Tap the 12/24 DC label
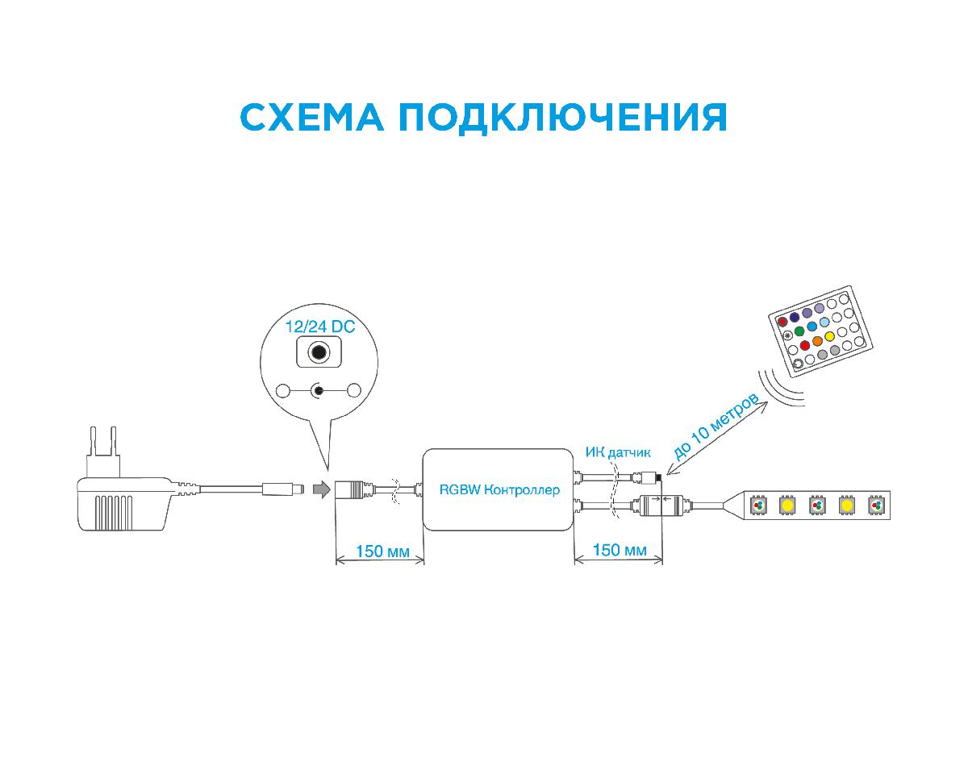(x=320, y=327)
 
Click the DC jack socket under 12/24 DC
(x=319, y=353)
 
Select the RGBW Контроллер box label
(x=499, y=489)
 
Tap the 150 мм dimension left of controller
(x=379, y=551)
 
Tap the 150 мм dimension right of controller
(x=620, y=550)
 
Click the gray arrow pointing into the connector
(x=322, y=489)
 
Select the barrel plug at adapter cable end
(x=283, y=489)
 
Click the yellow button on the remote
(x=829, y=335)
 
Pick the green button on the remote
(x=799, y=331)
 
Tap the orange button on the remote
(x=818, y=341)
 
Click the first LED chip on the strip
(x=757, y=506)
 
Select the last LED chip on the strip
(x=876, y=506)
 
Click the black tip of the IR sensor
(x=658, y=478)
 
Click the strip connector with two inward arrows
(x=660, y=506)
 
